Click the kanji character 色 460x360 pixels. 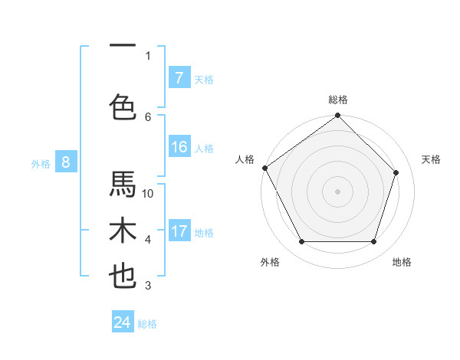[x=123, y=106]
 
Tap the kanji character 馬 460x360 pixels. [x=123, y=185]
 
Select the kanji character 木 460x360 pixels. [x=123, y=231]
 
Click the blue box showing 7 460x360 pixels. [x=179, y=77]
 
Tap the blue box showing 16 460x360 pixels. [x=179, y=147]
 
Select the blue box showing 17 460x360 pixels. [x=179, y=231]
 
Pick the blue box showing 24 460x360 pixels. [x=123, y=322]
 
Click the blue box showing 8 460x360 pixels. [x=66, y=162]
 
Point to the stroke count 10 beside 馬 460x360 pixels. [x=148, y=194]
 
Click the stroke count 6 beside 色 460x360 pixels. [x=148, y=116]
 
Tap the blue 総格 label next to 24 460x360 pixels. [x=148, y=324]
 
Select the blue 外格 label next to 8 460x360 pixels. [x=41, y=163]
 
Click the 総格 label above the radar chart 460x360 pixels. [x=338, y=100]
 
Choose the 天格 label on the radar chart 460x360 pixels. [x=432, y=159]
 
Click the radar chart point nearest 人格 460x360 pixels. [x=265, y=168]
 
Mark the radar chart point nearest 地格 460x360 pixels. [x=373, y=242]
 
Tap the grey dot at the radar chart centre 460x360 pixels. [x=337, y=191]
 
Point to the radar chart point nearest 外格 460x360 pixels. [x=301, y=242]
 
